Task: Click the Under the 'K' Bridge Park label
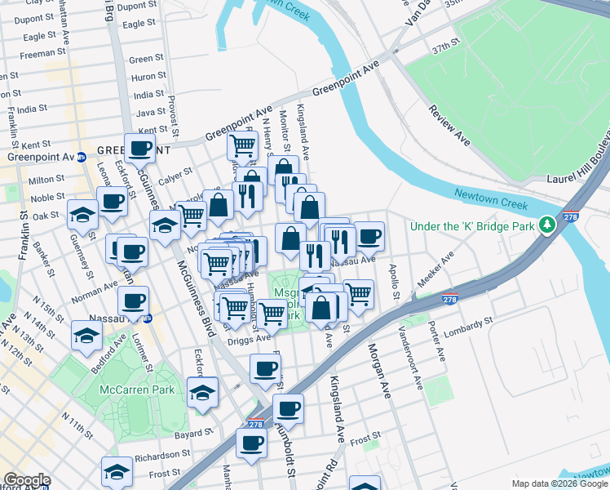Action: (473, 225)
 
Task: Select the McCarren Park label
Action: (137, 390)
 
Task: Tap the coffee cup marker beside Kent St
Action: (139, 148)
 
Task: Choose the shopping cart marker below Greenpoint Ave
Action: (242, 146)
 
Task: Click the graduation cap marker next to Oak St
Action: (83, 214)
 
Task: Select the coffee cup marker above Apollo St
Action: (369, 236)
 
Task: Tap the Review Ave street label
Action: (448, 127)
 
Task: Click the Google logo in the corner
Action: (27, 480)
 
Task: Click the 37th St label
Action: (447, 49)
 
